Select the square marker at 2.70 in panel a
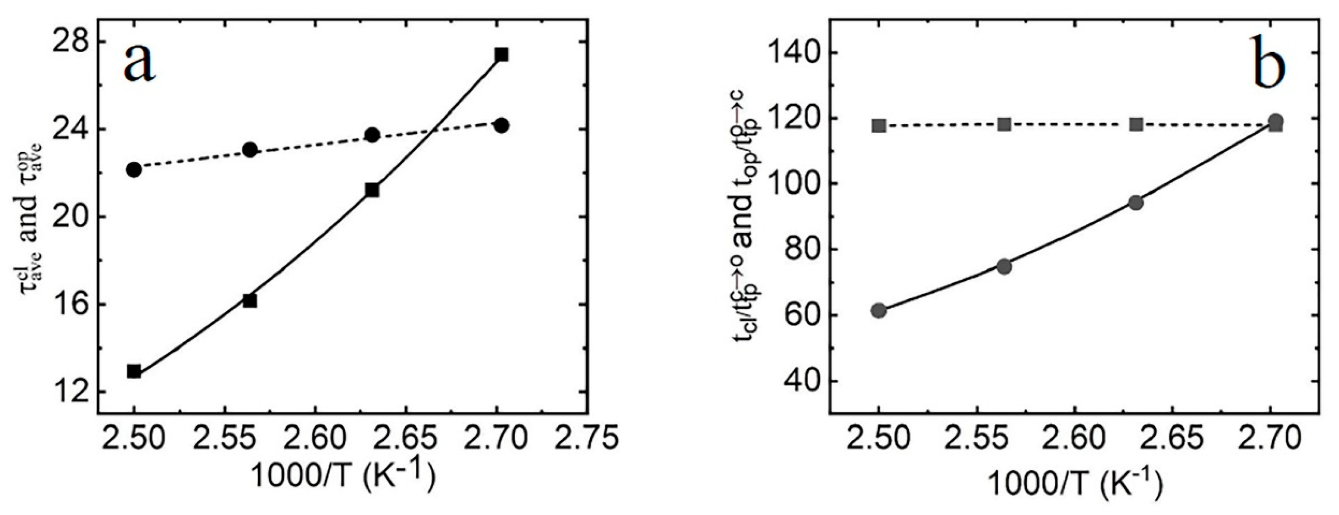(x=501, y=55)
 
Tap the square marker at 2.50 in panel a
(x=134, y=372)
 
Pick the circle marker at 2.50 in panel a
(x=134, y=170)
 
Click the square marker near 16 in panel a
(x=250, y=301)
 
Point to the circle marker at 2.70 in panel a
(x=501, y=126)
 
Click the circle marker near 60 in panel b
(x=879, y=311)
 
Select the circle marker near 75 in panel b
(x=1004, y=266)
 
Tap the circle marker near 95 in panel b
(x=1136, y=203)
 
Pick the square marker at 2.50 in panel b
(x=879, y=126)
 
